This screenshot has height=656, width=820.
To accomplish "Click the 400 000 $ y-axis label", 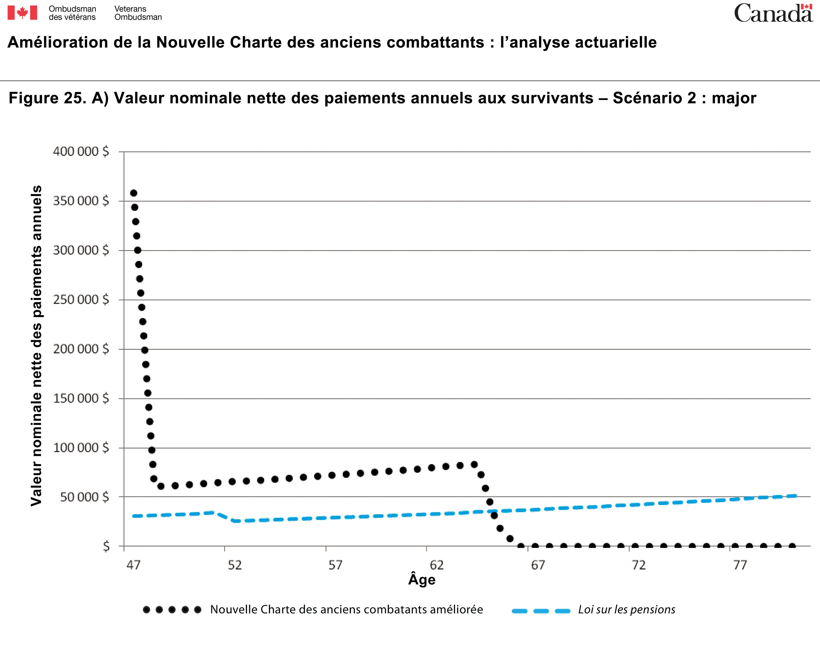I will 81,151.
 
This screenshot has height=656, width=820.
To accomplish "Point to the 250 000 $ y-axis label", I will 81,300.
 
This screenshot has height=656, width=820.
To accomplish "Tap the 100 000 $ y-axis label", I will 81,448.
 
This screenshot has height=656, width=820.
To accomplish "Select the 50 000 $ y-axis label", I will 84,497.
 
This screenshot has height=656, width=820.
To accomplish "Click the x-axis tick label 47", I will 133,565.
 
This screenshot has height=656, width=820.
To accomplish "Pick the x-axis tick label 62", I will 437,565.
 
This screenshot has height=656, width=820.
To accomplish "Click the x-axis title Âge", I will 422,579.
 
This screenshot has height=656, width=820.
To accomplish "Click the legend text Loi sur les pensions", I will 626,610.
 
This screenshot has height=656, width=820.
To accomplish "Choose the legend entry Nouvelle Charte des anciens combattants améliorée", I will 346,610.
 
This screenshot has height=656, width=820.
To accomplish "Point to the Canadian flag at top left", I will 22,13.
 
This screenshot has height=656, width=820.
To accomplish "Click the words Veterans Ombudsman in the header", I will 138,13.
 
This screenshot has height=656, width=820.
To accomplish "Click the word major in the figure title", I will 734,98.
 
